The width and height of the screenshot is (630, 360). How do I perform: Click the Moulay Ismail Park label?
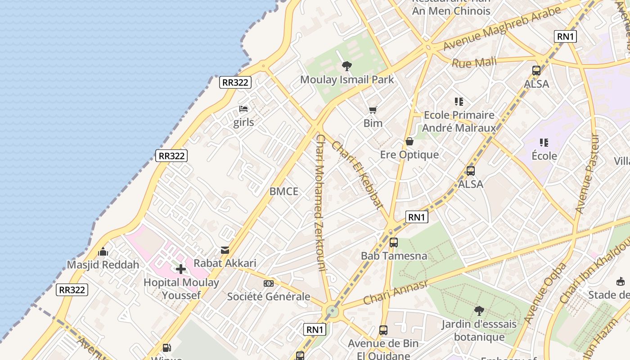click(347, 80)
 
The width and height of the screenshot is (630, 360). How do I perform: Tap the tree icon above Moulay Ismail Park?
click(346, 67)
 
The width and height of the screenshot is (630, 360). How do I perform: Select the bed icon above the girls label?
click(243, 109)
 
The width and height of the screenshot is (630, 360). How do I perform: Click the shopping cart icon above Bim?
click(373, 110)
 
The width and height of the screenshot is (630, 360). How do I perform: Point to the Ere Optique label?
click(409, 155)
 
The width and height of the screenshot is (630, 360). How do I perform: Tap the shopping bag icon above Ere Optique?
click(409, 141)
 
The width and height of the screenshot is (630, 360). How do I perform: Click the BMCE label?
click(284, 191)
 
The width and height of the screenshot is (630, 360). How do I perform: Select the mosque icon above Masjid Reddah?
click(103, 252)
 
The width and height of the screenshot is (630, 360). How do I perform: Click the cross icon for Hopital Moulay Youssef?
click(181, 269)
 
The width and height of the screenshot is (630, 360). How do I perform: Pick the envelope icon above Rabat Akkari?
click(225, 250)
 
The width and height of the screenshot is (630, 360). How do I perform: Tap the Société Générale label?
click(269, 297)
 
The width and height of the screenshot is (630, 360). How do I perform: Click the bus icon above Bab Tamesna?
click(394, 243)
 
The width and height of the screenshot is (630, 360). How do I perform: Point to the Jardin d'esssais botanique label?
click(479, 330)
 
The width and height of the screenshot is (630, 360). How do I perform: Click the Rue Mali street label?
click(474, 63)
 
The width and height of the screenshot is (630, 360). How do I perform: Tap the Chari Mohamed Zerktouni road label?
click(320, 202)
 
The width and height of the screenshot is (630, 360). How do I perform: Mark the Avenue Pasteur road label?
click(587, 173)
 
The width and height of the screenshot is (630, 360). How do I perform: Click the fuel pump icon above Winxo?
click(166, 347)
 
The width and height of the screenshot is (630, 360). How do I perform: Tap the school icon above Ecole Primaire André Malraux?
click(459, 102)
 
